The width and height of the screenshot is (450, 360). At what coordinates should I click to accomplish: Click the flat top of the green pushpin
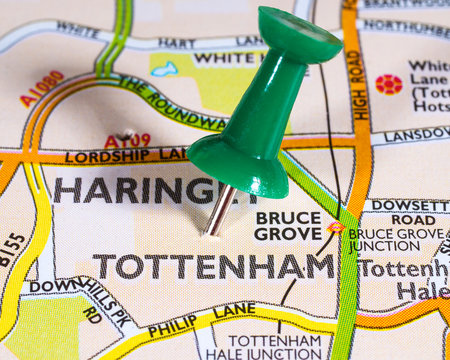coord(300,36)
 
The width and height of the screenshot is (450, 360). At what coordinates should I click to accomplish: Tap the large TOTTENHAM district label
coord(213,266)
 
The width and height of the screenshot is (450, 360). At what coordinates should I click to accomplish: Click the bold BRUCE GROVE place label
coord(287,225)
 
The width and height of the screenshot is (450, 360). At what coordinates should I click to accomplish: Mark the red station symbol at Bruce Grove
coord(335,228)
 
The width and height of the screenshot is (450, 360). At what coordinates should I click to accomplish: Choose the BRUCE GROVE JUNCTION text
coord(396,240)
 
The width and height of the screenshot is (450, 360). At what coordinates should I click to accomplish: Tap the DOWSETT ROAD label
coord(411,212)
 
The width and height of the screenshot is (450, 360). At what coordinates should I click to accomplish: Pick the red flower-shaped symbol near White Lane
coord(388,84)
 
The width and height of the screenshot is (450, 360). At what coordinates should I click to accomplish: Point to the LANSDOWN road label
coord(416,134)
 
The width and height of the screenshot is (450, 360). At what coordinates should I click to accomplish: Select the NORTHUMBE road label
coord(405,30)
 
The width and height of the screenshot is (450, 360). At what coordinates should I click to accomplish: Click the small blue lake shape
coord(164,70)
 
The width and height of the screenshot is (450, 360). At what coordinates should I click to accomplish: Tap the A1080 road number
coord(41,88)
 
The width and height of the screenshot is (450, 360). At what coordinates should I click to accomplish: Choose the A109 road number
coord(126,141)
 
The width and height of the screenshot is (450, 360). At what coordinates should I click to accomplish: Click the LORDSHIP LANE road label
coord(125,156)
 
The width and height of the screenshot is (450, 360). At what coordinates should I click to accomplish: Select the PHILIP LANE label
coord(201,319)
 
